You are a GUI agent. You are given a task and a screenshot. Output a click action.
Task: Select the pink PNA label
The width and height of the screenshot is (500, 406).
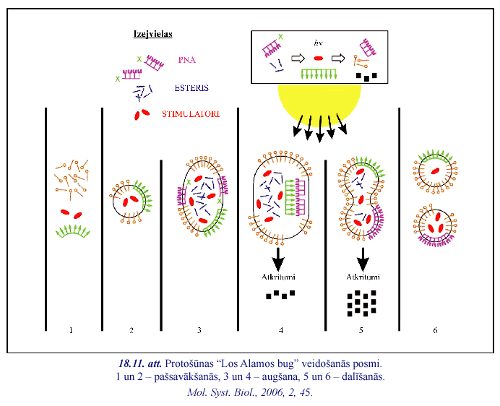point(187,60)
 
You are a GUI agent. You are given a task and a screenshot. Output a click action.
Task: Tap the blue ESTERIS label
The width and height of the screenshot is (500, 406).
point(191,87)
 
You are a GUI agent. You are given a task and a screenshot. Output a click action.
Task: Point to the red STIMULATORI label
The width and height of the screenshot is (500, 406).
point(190,114)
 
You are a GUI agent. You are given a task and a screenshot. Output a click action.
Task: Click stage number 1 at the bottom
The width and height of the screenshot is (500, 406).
point(71,330)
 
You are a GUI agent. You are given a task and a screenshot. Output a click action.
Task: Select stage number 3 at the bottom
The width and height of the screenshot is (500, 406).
point(199,330)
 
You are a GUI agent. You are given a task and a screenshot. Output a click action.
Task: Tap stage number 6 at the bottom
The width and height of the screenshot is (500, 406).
point(435,330)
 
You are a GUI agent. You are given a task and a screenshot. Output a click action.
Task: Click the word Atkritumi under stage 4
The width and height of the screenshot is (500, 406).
point(278,277)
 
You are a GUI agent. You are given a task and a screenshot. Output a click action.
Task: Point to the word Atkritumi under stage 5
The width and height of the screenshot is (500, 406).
point(363,277)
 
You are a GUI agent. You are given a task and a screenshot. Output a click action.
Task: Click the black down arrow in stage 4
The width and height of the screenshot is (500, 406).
point(278,257)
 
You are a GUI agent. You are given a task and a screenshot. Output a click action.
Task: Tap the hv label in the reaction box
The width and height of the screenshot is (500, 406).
point(317,43)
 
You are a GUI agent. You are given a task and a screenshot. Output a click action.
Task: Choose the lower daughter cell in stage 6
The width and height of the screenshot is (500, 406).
point(434,226)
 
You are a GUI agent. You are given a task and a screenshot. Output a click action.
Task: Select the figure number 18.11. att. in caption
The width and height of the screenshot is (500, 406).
point(141,363)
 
